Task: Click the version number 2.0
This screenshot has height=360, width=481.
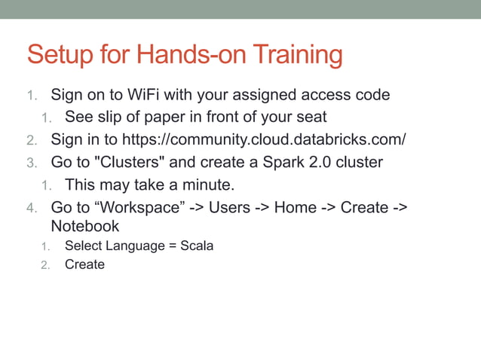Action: (322, 162)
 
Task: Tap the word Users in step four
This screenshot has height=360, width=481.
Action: (230, 207)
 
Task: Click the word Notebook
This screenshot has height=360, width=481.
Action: (84, 226)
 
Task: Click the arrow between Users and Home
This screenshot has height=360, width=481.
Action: (262, 207)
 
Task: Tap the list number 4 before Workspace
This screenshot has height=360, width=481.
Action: (31, 208)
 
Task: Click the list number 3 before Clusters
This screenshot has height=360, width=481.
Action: (31, 163)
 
